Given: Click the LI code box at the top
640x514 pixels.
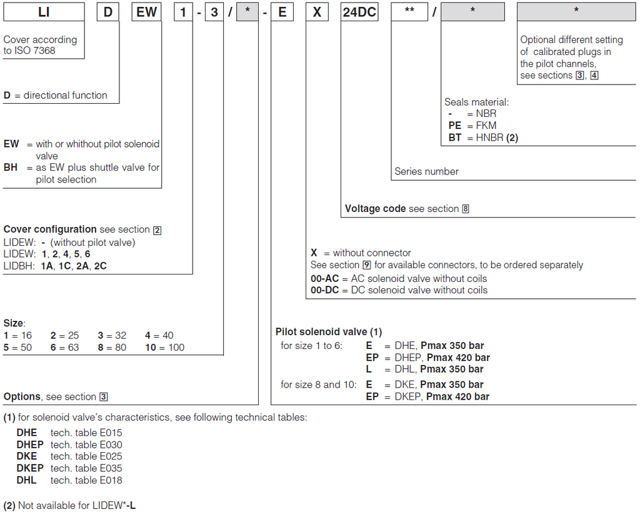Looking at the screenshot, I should (x=44, y=12).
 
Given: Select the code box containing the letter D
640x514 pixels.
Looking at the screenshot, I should (x=109, y=12).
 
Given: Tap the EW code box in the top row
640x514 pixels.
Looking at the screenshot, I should (x=147, y=12).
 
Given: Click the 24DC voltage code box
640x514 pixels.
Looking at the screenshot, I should (x=359, y=12).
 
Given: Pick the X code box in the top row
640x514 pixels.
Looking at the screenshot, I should (x=317, y=12).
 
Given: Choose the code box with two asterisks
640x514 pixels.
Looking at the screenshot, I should (x=410, y=12).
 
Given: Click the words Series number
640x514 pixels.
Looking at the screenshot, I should (x=426, y=171).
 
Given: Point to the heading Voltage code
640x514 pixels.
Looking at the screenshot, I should (x=375, y=208).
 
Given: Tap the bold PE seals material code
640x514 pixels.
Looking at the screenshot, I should (x=454, y=126).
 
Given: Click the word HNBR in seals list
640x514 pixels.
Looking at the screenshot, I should (x=492, y=138).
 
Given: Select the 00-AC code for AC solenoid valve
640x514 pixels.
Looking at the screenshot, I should (x=325, y=278).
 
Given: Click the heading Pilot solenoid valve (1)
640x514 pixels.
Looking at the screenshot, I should (x=328, y=331).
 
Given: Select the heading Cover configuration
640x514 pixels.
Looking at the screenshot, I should (x=50, y=229).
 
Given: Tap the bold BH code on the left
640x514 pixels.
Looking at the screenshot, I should (x=11, y=168).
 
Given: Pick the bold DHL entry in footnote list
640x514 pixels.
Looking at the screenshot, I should (x=26, y=480).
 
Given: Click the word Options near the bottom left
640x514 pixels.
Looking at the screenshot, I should (x=22, y=396).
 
